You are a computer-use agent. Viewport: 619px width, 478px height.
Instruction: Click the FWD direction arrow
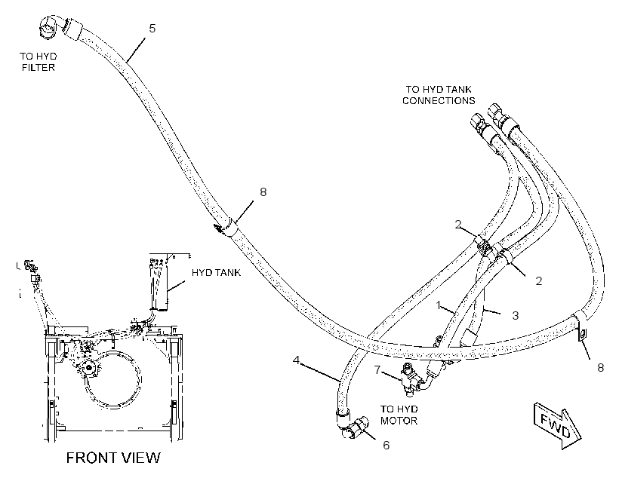557,426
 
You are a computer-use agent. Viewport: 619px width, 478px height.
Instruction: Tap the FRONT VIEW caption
113,458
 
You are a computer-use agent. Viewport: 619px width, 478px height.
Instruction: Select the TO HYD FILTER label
38,62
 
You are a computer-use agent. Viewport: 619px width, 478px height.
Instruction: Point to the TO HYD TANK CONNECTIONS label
439,95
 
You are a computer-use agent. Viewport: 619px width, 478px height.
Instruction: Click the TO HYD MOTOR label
399,415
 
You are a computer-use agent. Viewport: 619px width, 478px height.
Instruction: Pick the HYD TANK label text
216,272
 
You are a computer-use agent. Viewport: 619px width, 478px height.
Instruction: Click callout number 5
152,29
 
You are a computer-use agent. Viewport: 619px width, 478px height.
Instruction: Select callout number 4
297,360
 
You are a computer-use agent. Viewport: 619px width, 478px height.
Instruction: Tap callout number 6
386,446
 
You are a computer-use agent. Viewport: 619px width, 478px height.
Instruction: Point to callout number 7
377,370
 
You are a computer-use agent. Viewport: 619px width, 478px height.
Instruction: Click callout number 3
515,315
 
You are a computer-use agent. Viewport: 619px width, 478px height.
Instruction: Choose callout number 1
438,305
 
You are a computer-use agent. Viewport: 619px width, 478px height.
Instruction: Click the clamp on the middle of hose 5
228,226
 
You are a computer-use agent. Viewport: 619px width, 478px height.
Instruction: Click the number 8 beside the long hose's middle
263,192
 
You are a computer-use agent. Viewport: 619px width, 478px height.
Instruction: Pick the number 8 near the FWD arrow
600,368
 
